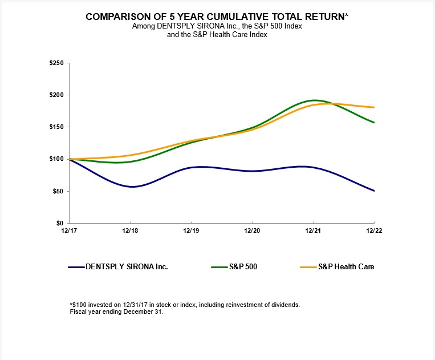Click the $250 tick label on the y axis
57,63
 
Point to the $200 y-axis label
57,95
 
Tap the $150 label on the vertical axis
57,127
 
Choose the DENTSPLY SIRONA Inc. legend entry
127,266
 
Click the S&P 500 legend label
243,266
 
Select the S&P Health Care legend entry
346,266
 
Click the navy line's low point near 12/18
131,187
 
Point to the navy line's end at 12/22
373,191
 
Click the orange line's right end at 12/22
373,107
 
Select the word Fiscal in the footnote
78,312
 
